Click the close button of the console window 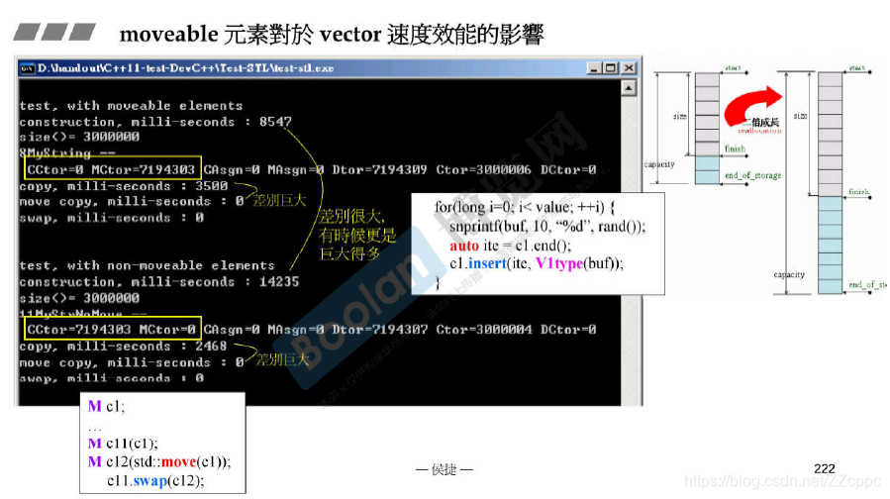[x=628, y=68]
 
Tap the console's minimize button [x=593, y=68]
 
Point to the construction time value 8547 [x=275, y=122]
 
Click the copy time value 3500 [x=212, y=185]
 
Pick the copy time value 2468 [x=212, y=346]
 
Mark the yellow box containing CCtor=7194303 [x=111, y=329]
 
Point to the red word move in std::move [x=179, y=462]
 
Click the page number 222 [x=824, y=467]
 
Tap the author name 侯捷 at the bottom [x=445, y=469]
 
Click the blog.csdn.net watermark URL [x=782, y=481]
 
